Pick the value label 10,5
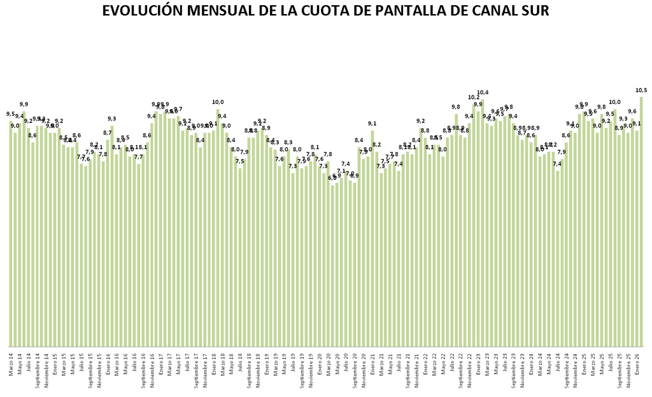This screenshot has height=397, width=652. pos(641,89)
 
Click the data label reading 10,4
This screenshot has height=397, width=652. pos(483,92)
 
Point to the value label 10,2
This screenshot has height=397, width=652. pos(474,97)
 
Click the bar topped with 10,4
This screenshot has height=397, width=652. pos(483,223)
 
